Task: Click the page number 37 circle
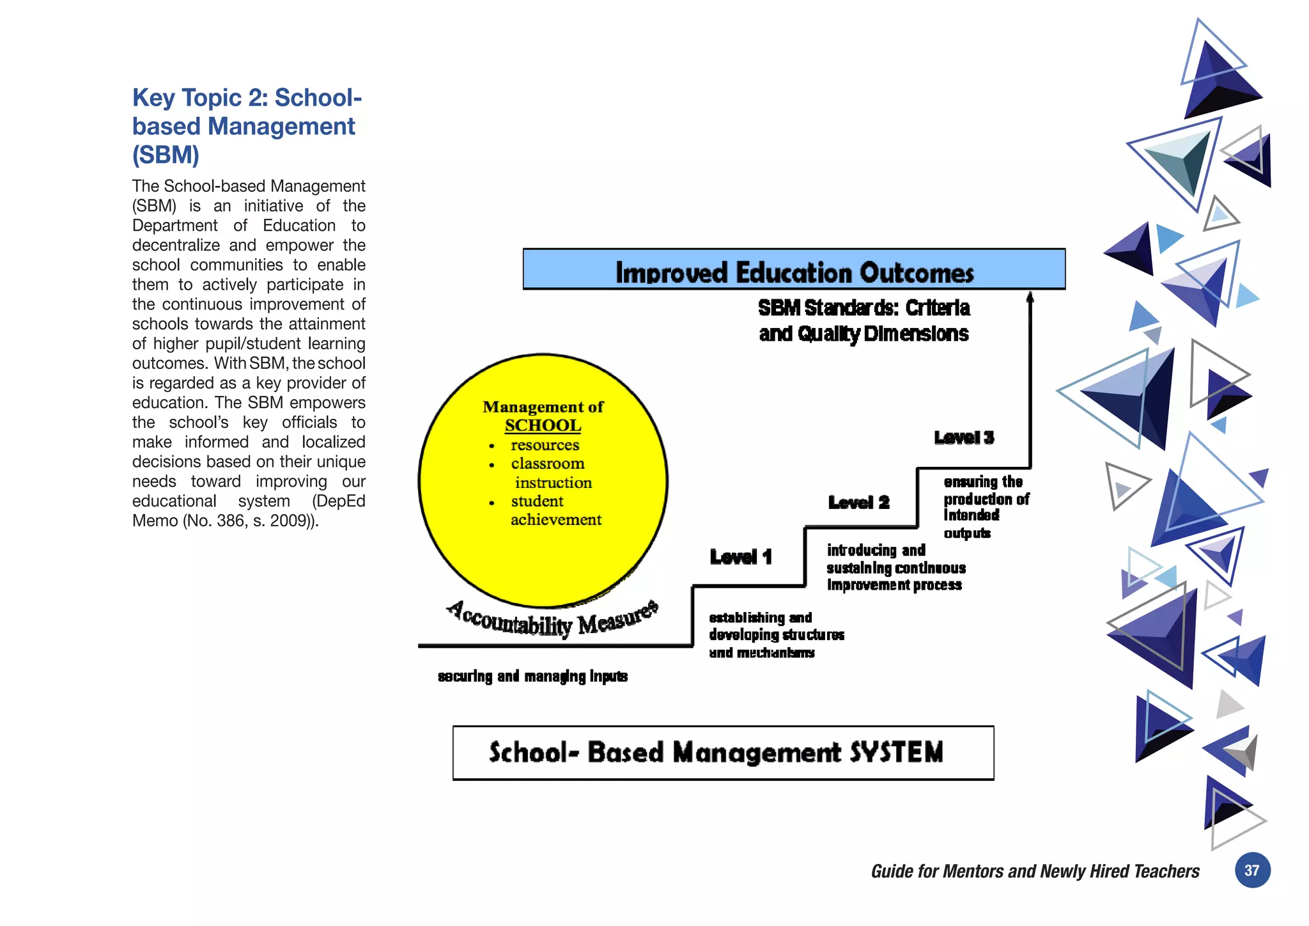tap(1251, 870)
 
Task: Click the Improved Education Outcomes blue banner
tap(794, 270)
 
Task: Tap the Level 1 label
tap(741, 557)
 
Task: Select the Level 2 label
tap(858, 503)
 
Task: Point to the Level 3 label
tap(964, 437)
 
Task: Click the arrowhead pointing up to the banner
tap(1030, 297)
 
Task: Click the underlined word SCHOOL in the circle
tap(543, 425)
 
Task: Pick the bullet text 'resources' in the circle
tap(545, 444)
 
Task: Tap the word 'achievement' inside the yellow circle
tap(555, 520)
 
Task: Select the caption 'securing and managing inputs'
tap(532, 676)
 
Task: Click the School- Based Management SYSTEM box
tap(722, 753)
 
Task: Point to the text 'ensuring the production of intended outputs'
tap(985, 506)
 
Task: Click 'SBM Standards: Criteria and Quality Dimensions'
tap(864, 321)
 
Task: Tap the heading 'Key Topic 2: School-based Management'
tap(247, 112)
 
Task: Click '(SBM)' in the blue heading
tap(166, 155)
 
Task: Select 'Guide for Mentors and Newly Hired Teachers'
tap(1035, 871)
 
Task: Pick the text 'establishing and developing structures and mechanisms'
tap(775, 634)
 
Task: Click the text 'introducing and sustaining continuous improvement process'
tap(895, 567)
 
